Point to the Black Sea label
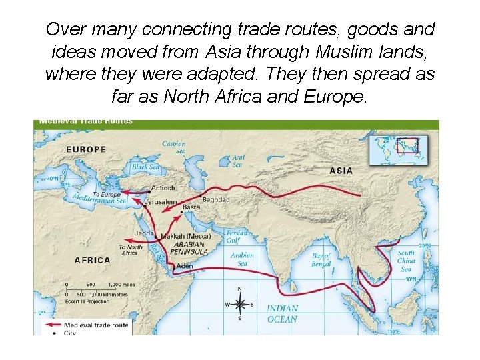click(145, 167)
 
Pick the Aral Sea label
click(238, 161)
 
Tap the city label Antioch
click(163, 188)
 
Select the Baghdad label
click(216, 199)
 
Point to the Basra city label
click(191, 207)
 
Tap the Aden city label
click(185, 266)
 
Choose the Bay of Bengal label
click(321, 260)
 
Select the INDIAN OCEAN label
click(283, 314)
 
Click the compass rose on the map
click(240, 304)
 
